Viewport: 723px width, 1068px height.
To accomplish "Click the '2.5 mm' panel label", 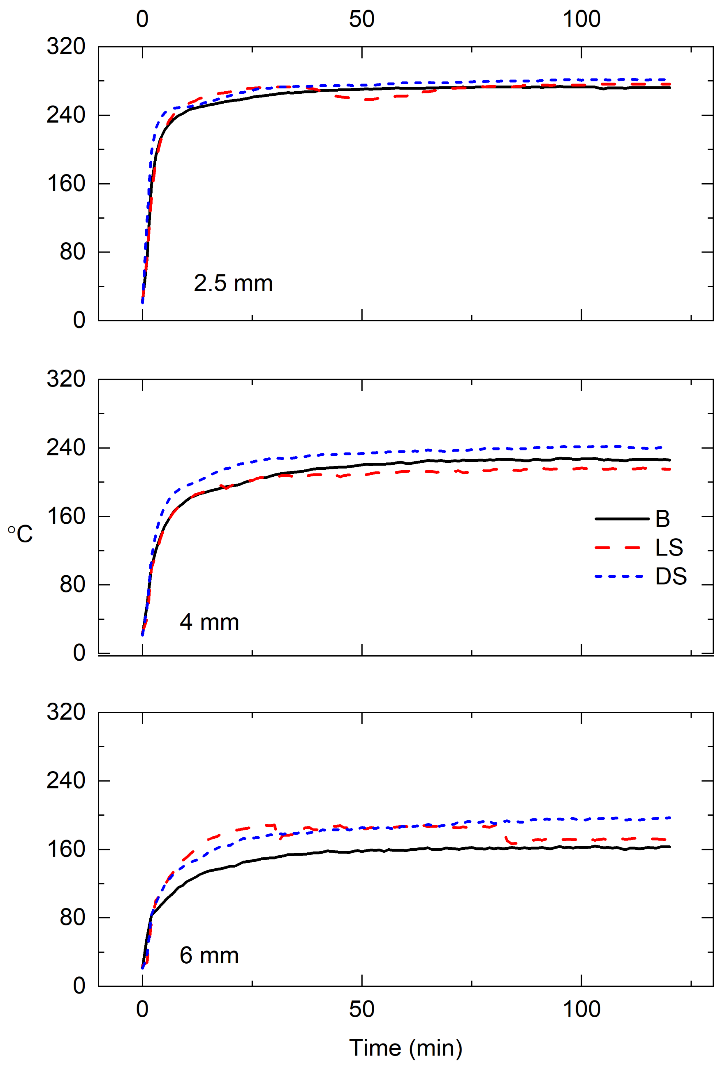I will pos(233,283).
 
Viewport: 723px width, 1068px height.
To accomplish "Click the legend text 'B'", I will pos(662,519).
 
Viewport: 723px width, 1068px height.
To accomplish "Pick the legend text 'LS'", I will pos(669,548).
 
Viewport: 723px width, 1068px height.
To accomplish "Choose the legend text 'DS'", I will pos(671,576).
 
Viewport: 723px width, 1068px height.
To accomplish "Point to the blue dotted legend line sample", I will pos(619,576).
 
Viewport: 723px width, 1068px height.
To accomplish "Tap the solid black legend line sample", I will pos(621,519).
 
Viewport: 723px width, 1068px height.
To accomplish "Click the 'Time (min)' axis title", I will pos(405,1048).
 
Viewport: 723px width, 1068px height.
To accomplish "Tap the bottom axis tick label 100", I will pos(581,1010).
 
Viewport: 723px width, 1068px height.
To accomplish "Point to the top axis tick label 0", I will pos(142,19).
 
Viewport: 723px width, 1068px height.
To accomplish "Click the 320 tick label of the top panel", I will pos(66,46).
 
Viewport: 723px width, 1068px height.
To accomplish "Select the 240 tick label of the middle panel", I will pos(66,447).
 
